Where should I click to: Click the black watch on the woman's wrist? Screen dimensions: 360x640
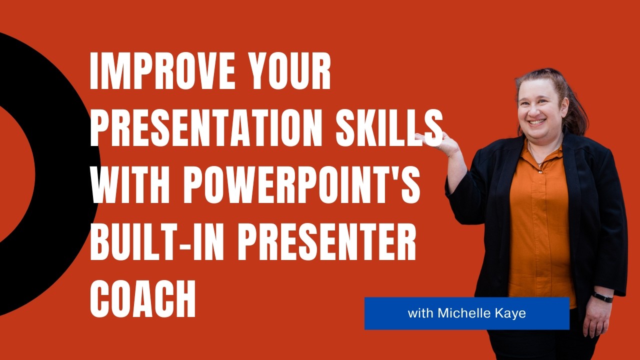tap(602, 296)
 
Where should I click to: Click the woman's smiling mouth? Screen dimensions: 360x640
tap(537, 121)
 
